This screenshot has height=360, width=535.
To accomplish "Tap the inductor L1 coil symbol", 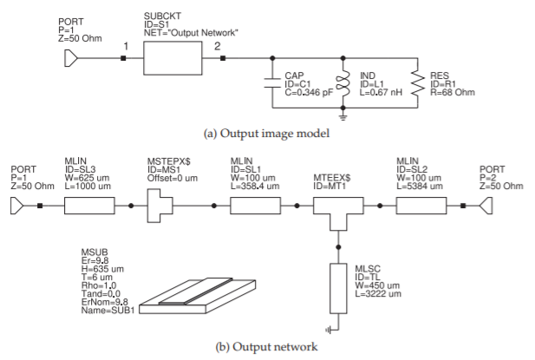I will pos(343,84).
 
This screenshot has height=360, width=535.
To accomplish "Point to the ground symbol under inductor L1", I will pos(343,114).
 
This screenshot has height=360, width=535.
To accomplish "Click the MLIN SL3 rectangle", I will pos(90,206).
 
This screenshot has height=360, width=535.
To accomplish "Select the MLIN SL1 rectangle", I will pos(256,206).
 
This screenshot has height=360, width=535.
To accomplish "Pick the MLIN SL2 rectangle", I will pos(421,206).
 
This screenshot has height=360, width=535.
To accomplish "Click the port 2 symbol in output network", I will pos(490,206).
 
